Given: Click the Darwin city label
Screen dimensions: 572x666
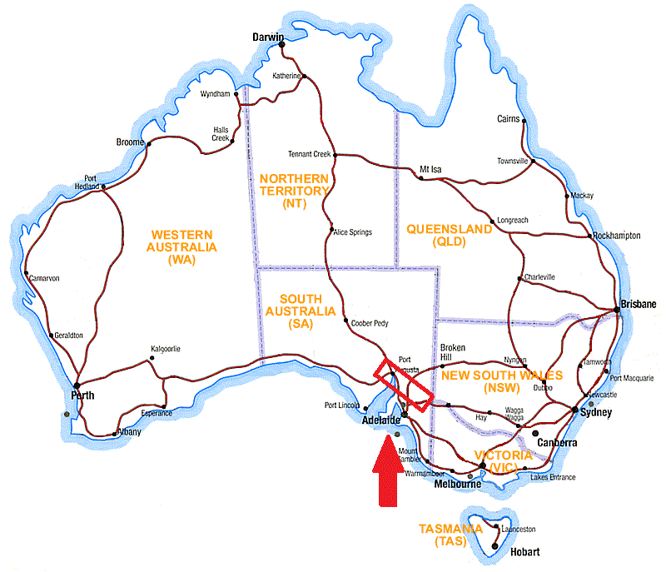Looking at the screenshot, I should [x=268, y=37].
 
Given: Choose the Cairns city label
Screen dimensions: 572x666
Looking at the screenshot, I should [x=508, y=119].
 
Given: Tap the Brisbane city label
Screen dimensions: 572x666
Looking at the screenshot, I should [x=639, y=304].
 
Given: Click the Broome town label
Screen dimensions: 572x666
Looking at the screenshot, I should [x=130, y=143].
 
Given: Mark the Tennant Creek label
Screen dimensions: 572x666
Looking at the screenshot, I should [x=309, y=154].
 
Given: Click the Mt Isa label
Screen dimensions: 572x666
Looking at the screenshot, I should [x=430, y=169].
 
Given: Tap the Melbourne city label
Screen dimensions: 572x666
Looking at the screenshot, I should [x=457, y=484].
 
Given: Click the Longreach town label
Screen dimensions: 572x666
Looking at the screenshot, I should [x=512, y=220].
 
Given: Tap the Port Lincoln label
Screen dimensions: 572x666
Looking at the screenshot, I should [x=342, y=406].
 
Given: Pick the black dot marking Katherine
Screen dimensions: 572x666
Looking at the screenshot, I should [x=304, y=77].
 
